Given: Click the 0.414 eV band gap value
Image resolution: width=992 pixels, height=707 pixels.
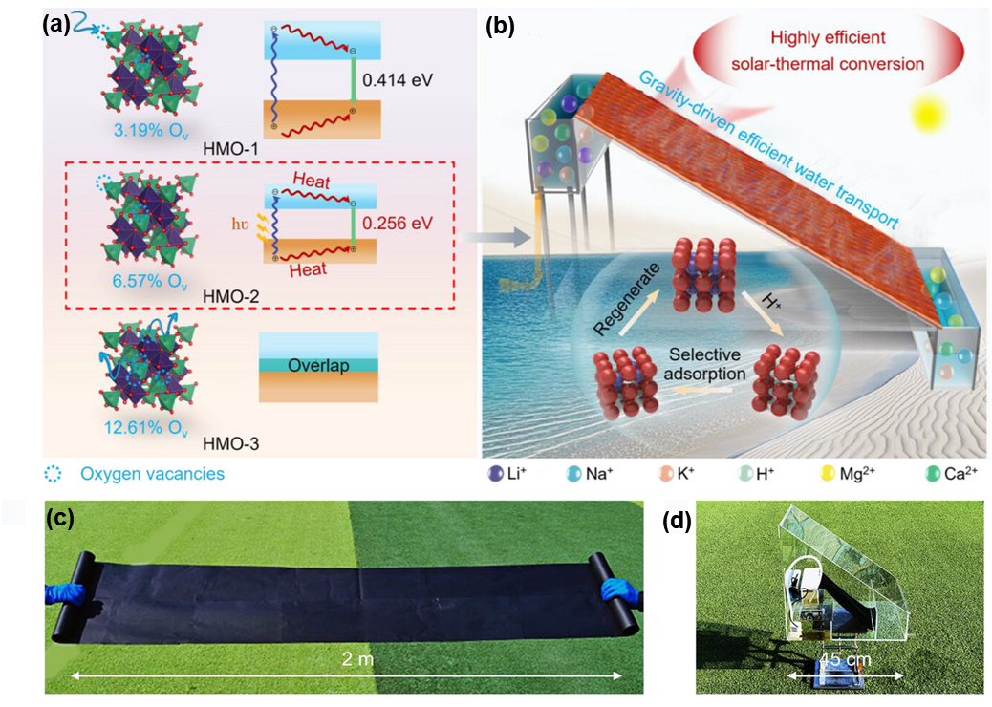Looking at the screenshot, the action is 398,80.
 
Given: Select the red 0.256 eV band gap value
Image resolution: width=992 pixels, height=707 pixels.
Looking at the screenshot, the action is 398,223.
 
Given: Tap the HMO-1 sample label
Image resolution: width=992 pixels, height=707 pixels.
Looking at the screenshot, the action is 230,149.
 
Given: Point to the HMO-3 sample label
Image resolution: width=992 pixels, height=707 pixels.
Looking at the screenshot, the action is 230,444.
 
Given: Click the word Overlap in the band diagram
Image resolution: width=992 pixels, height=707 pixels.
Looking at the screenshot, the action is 318,366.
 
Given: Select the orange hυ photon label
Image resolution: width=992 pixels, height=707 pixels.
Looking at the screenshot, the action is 240,224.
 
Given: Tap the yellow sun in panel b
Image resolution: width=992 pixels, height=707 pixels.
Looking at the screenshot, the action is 927,113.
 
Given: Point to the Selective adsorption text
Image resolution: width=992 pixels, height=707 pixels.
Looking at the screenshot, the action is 704,364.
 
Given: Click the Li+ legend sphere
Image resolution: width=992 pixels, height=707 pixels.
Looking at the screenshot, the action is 495,474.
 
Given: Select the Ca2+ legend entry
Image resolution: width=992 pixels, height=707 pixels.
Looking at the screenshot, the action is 952,474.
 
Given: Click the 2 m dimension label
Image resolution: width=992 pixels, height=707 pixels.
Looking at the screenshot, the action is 357,659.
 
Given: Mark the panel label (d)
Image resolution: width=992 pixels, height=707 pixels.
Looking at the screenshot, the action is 677,521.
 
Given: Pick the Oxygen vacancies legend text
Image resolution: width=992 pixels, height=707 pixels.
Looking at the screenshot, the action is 152,474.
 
